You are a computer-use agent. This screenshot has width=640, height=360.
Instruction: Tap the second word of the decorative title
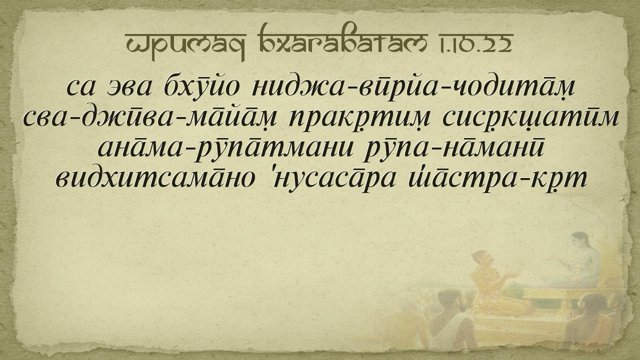coord(343,39)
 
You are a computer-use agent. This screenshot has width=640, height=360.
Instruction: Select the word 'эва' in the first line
coord(130,87)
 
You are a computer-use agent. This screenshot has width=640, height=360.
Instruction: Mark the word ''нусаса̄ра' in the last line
coord(333,179)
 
